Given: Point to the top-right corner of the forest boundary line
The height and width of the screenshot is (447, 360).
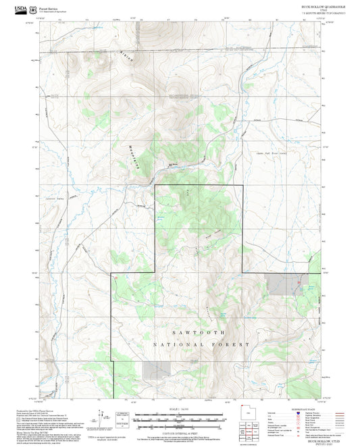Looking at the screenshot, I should point(242,185).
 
